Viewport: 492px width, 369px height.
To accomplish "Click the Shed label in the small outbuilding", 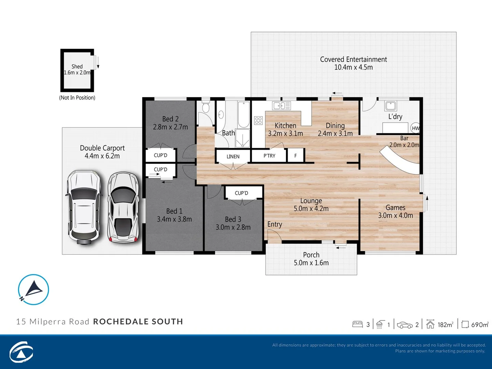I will click(77, 67).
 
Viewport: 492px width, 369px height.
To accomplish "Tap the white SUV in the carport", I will click(83, 207).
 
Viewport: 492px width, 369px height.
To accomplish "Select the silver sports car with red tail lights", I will click(123, 207).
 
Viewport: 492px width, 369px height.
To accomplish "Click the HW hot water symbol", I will click(415, 128).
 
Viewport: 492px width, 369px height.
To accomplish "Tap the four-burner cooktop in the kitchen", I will click(258, 120).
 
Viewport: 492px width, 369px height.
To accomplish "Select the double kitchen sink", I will click(281, 106).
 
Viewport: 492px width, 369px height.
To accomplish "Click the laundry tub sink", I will click(391, 106).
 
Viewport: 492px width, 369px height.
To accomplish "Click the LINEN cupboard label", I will click(233, 156).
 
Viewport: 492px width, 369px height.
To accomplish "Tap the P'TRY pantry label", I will click(269, 156).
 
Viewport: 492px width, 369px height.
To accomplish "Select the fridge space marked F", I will click(296, 156).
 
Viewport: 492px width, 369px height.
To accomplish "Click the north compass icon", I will click(33, 289).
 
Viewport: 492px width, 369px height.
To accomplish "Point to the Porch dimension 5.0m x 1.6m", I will click(311, 263).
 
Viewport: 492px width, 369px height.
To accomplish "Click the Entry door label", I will click(275, 224).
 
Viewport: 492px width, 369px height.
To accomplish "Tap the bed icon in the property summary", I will click(357, 324).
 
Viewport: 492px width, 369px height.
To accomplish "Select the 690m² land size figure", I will click(479, 325).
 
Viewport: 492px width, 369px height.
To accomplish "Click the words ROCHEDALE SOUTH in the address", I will click(138, 322).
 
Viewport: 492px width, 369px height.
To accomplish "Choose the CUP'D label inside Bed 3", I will click(242, 193).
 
